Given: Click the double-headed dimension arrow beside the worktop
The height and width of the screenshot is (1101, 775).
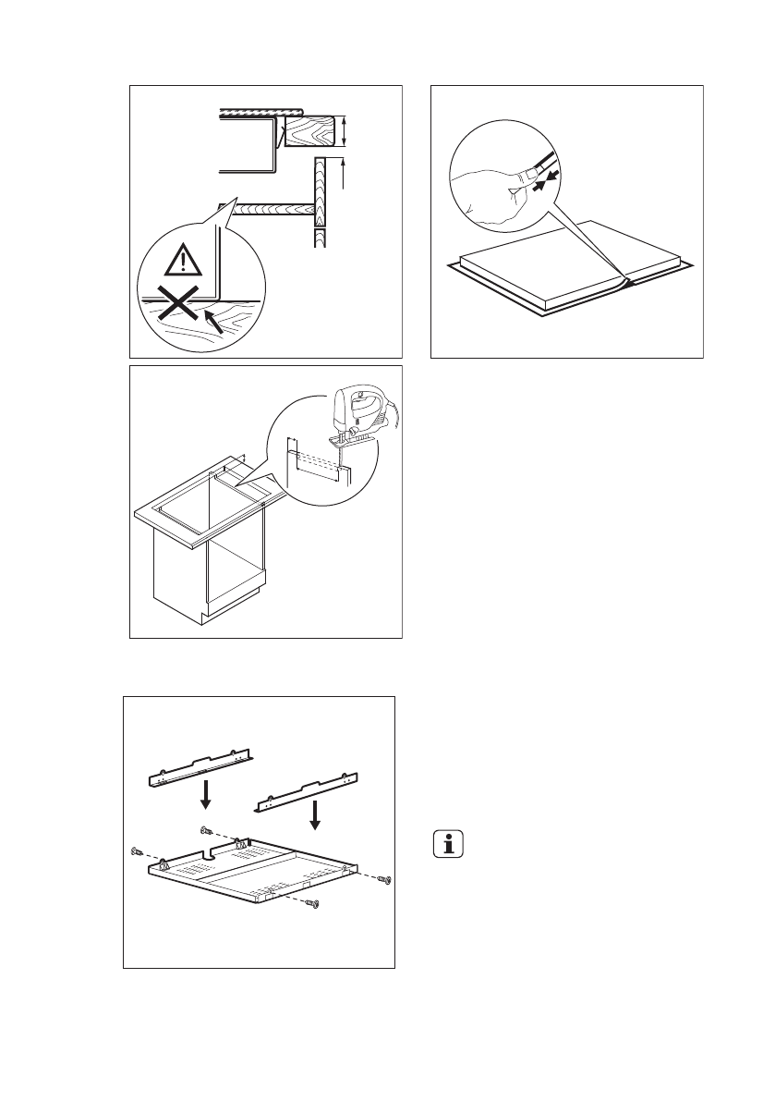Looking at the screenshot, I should coord(344,131).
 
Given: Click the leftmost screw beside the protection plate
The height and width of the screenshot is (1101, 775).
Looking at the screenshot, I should coord(138,850).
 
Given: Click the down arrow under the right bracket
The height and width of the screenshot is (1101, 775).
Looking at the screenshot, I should coord(316,815).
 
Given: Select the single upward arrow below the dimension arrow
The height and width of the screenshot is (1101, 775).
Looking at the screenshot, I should coord(343,173).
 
